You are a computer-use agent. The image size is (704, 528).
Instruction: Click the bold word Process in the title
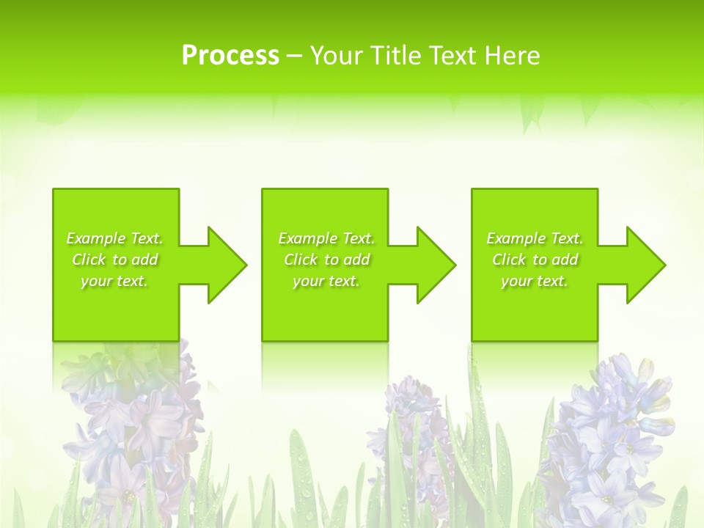click(x=230, y=56)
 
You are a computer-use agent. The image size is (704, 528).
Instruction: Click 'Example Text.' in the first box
click(x=115, y=238)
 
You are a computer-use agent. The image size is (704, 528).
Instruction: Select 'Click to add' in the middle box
click(x=326, y=260)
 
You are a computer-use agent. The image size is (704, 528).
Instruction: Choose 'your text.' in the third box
click(x=535, y=281)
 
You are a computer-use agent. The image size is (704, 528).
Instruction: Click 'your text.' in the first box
click(x=115, y=281)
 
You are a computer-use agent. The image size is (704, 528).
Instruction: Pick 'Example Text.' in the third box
click(x=535, y=238)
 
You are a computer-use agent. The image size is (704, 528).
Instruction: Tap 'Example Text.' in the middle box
click(x=326, y=238)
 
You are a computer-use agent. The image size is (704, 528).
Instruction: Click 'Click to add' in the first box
click(x=115, y=260)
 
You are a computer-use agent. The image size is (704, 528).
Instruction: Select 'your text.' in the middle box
click(x=326, y=281)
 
